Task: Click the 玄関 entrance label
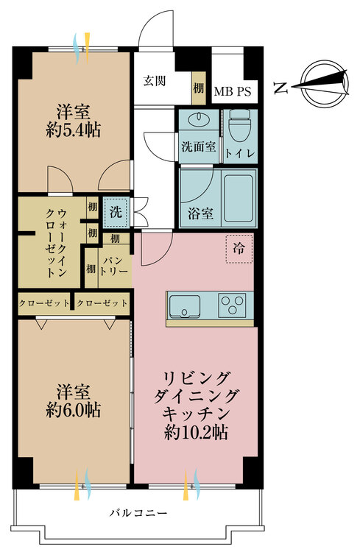[155, 81]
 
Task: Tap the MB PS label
[233, 91]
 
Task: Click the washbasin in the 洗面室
[199, 119]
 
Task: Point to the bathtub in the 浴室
[239, 199]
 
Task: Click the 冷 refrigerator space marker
[239, 249]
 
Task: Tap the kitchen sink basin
[185, 306]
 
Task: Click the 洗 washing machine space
[116, 212]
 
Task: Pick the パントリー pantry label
[115, 266]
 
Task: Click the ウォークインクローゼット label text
[57, 243]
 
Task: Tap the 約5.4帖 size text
[74, 130]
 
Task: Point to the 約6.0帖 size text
[74, 410]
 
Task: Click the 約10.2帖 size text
[196, 432]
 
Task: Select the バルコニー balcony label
[138, 512]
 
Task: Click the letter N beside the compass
[280, 87]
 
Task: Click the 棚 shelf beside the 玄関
[198, 88]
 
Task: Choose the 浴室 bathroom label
[200, 213]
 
